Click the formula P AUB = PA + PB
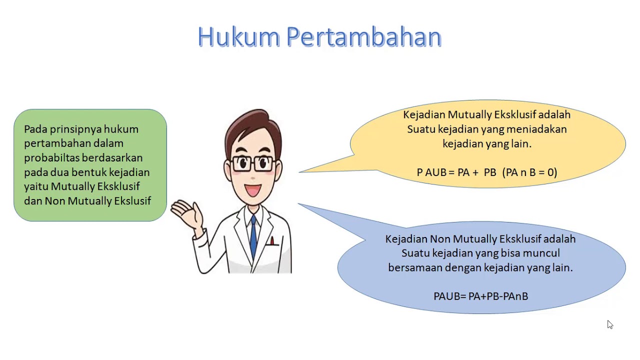[x=456, y=172]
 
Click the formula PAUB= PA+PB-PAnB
[x=480, y=296]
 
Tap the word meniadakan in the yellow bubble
[x=536, y=129]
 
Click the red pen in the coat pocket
[x=272, y=241]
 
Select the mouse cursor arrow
[x=609, y=324]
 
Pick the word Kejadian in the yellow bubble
[x=423, y=115]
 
